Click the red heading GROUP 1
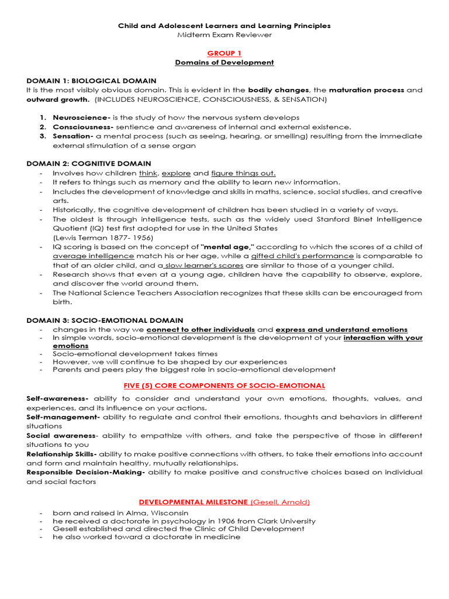[x=224, y=53]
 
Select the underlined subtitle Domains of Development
[x=224, y=63]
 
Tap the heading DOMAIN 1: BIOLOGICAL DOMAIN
[x=91, y=81]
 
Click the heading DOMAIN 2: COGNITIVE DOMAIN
[x=89, y=164]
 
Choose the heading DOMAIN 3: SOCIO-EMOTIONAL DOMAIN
[x=105, y=321]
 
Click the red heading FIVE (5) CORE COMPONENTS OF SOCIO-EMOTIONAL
[x=224, y=385]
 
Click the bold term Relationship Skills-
[x=61, y=454]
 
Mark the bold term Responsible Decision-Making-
[x=85, y=472]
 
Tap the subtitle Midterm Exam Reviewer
[x=224, y=35]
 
